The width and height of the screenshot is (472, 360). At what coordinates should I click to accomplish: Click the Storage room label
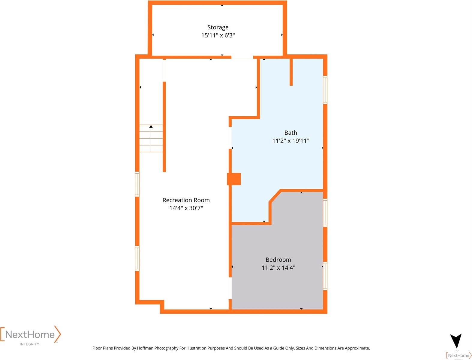coord(218,27)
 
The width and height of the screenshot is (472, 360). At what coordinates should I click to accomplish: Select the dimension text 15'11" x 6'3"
coord(218,35)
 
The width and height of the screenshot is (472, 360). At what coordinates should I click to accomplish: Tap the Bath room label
coord(290,133)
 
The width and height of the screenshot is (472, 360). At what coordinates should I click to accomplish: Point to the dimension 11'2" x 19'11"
coord(290,141)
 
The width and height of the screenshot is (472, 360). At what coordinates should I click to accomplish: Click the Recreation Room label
coord(186,200)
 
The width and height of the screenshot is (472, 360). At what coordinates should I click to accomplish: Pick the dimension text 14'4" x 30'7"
coord(186,208)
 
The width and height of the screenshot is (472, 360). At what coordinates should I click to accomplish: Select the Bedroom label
coord(278,260)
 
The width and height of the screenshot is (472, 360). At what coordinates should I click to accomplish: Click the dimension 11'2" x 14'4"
coord(278,268)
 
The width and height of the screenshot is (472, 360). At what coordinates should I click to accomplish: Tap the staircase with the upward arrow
coord(151,138)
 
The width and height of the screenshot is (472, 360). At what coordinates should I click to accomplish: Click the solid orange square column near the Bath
coord(234,179)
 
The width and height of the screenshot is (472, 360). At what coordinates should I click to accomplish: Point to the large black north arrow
coord(456,341)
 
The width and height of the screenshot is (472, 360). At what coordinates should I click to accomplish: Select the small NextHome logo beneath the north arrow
coord(458,355)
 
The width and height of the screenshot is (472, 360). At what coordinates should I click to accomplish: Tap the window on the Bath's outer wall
coord(325,90)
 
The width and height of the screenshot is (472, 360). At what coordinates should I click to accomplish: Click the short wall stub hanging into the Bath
coord(291,72)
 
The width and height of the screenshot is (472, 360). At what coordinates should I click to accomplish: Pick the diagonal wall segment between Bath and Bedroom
coord(275,196)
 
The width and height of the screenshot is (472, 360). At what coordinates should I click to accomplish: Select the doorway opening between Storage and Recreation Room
coord(242,57)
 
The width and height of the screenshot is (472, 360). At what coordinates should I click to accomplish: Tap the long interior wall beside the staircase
coord(164,126)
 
